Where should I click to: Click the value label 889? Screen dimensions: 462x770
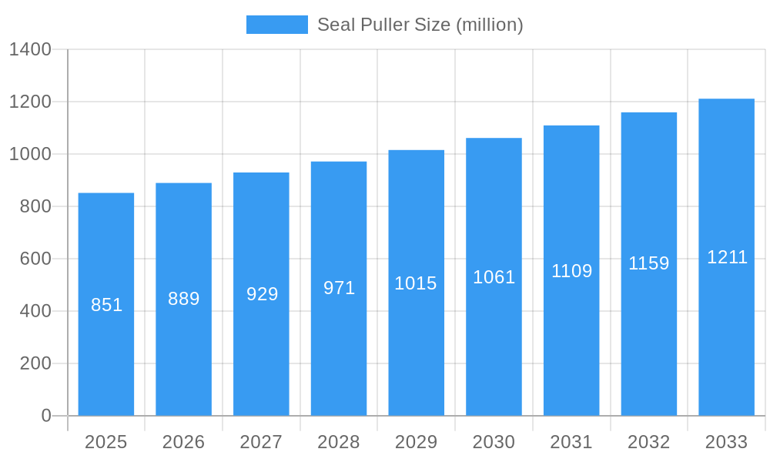[184, 299]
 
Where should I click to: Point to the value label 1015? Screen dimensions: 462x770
[416, 283]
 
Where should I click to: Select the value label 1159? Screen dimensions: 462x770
[649, 263]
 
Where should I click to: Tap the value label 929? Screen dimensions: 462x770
[262, 294]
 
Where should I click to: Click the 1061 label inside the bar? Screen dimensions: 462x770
[494, 277]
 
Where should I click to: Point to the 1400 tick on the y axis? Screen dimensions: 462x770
[30, 50]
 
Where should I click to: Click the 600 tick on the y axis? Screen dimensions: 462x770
[35, 259]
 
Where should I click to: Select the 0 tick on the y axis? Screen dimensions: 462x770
[45, 416]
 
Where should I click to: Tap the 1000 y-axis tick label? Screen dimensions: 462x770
[30, 154]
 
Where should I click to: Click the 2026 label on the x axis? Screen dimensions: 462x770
[183, 442]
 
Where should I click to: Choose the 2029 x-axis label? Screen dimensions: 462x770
[416, 442]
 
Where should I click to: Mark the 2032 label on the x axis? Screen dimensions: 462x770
[648, 442]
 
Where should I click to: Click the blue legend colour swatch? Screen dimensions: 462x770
[276, 25]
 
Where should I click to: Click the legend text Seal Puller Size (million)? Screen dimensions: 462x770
[420, 25]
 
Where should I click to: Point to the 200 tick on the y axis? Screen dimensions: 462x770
[35, 363]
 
